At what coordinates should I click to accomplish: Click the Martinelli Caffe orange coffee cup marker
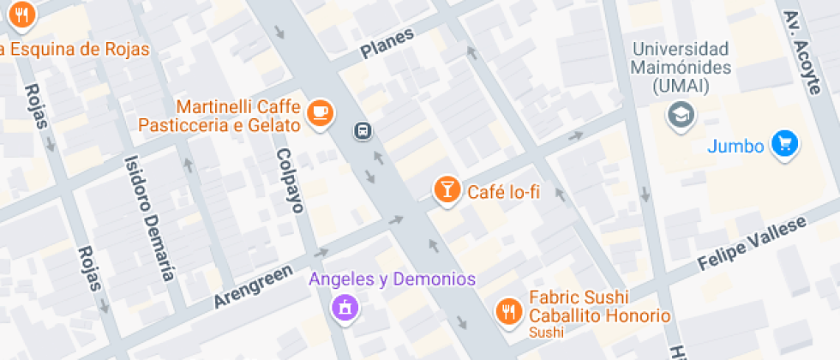click(320, 113)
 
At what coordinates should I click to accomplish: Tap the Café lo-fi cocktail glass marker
click(446, 190)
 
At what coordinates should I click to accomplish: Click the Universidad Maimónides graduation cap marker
click(681, 114)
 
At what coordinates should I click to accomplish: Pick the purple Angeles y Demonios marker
click(345, 307)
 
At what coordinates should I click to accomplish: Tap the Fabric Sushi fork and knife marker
click(509, 311)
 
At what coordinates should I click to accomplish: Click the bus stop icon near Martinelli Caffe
click(363, 131)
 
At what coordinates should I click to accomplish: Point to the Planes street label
click(387, 42)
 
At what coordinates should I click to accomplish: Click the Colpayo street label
click(290, 180)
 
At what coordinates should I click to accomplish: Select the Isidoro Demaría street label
click(149, 218)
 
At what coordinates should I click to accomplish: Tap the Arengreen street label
click(249, 287)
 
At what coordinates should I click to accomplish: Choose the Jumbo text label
click(735, 147)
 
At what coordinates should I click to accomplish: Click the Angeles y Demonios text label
click(392, 279)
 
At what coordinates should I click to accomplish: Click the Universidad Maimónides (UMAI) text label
click(681, 67)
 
